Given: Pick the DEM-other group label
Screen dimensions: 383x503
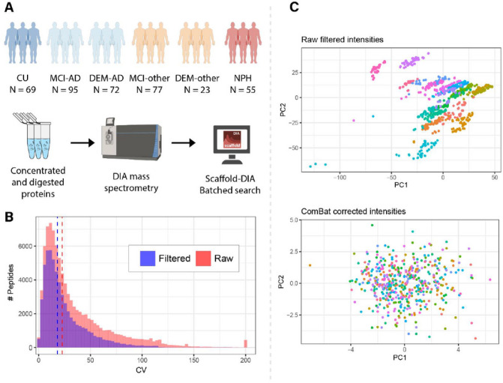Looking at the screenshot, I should [197, 77].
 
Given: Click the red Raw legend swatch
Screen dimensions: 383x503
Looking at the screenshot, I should [200, 264].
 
